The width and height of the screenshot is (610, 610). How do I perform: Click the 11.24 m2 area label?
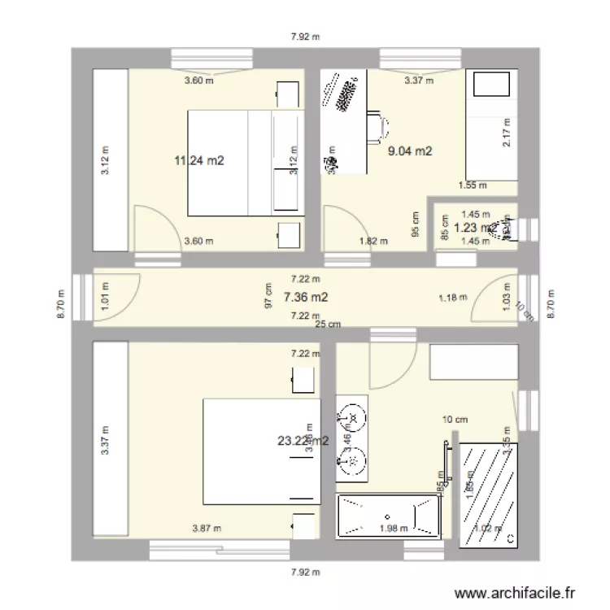tap(198, 160)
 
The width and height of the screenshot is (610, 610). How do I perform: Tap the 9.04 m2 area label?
tap(410, 150)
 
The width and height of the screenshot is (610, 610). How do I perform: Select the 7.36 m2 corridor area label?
tap(306, 298)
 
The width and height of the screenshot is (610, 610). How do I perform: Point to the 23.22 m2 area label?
tap(303, 441)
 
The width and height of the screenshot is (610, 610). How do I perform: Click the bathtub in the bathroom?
tap(389, 516)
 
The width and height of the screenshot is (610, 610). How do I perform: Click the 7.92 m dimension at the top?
tap(305, 36)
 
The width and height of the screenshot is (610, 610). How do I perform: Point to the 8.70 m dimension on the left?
tap(59, 305)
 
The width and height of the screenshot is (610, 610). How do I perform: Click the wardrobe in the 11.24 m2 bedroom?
tap(110, 159)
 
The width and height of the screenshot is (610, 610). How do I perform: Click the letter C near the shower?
tap(510, 538)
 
